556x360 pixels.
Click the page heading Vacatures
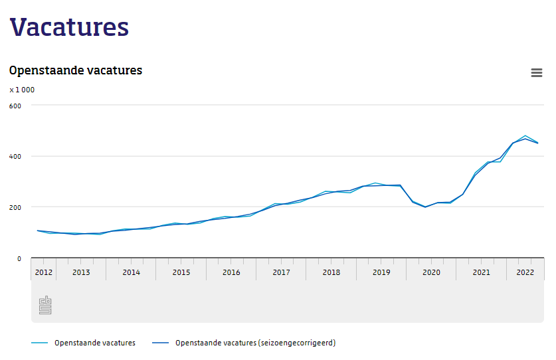point(69,27)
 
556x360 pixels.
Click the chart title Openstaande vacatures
point(75,70)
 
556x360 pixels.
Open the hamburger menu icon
point(537,73)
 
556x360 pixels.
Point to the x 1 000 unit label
point(22,90)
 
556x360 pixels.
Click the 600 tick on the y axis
point(15,106)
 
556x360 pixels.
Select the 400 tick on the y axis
point(15,157)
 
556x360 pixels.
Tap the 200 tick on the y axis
point(15,207)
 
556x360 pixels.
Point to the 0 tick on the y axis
point(19,258)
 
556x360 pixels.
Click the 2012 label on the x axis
point(43,272)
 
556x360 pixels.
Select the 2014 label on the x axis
point(131,272)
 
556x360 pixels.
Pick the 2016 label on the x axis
point(231,272)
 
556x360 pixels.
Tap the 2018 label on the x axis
point(331,272)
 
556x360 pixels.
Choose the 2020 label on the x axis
point(431,272)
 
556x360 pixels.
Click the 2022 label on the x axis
point(525,272)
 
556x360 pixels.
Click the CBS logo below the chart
point(45,305)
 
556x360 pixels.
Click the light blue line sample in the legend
point(40,343)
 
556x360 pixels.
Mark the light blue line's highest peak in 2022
point(525,135)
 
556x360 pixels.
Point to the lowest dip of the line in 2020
point(425,207)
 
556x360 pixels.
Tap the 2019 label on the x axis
point(381,272)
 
